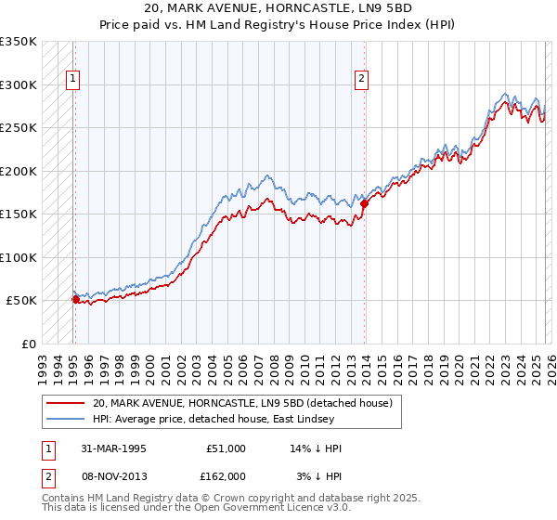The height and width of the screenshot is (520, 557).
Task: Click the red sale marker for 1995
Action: pyautogui.click(x=75, y=299)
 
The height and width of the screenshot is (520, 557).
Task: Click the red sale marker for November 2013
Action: pyautogui.click(x=364, y=203)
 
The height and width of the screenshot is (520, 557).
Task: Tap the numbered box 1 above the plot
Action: pyautogui.click(x=73, y=80)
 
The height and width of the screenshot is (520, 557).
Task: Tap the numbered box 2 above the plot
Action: pyautogui.click(x=361, y=80)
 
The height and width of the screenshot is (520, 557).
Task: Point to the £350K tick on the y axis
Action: pyautogui.click(x=19, y=42)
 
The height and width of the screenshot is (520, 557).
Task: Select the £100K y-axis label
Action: pyautogui.click(x=19, y=257)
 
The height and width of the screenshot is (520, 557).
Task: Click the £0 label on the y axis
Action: pyautogui.click(x=28, y=344)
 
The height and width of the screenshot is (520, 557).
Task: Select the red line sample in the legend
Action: pyautogui.click(x=65, y=403)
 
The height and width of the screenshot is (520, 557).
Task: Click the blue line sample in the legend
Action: pyautogui.click(x=65, y=419)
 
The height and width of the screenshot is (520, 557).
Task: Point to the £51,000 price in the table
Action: pyautogui.click(x=226, y=448)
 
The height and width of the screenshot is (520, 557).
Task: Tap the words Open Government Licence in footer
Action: pyautogui.click(x=249, y=508)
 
